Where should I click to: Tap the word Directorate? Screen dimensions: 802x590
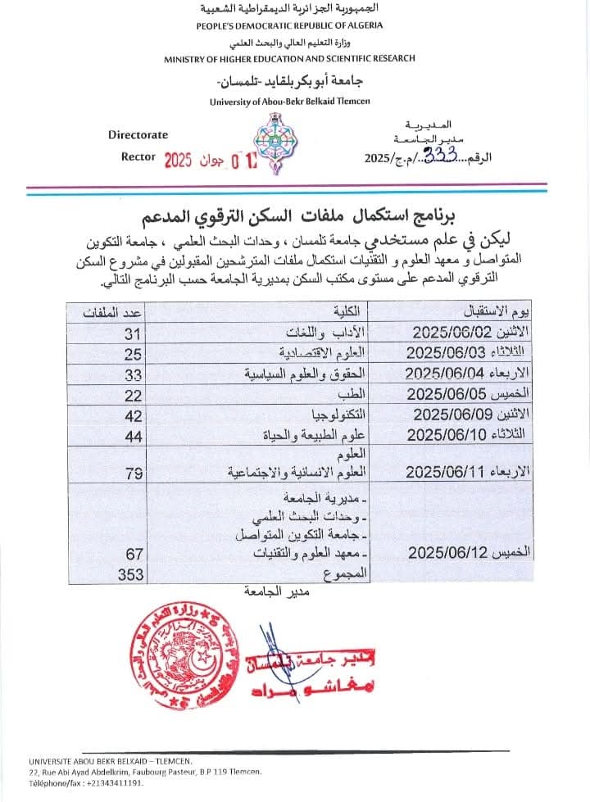pos(138,134)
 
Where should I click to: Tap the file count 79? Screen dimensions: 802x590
pos(133,472)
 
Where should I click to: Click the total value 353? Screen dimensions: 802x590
pos(129,575)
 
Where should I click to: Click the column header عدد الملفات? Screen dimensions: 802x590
pos(115,312)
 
